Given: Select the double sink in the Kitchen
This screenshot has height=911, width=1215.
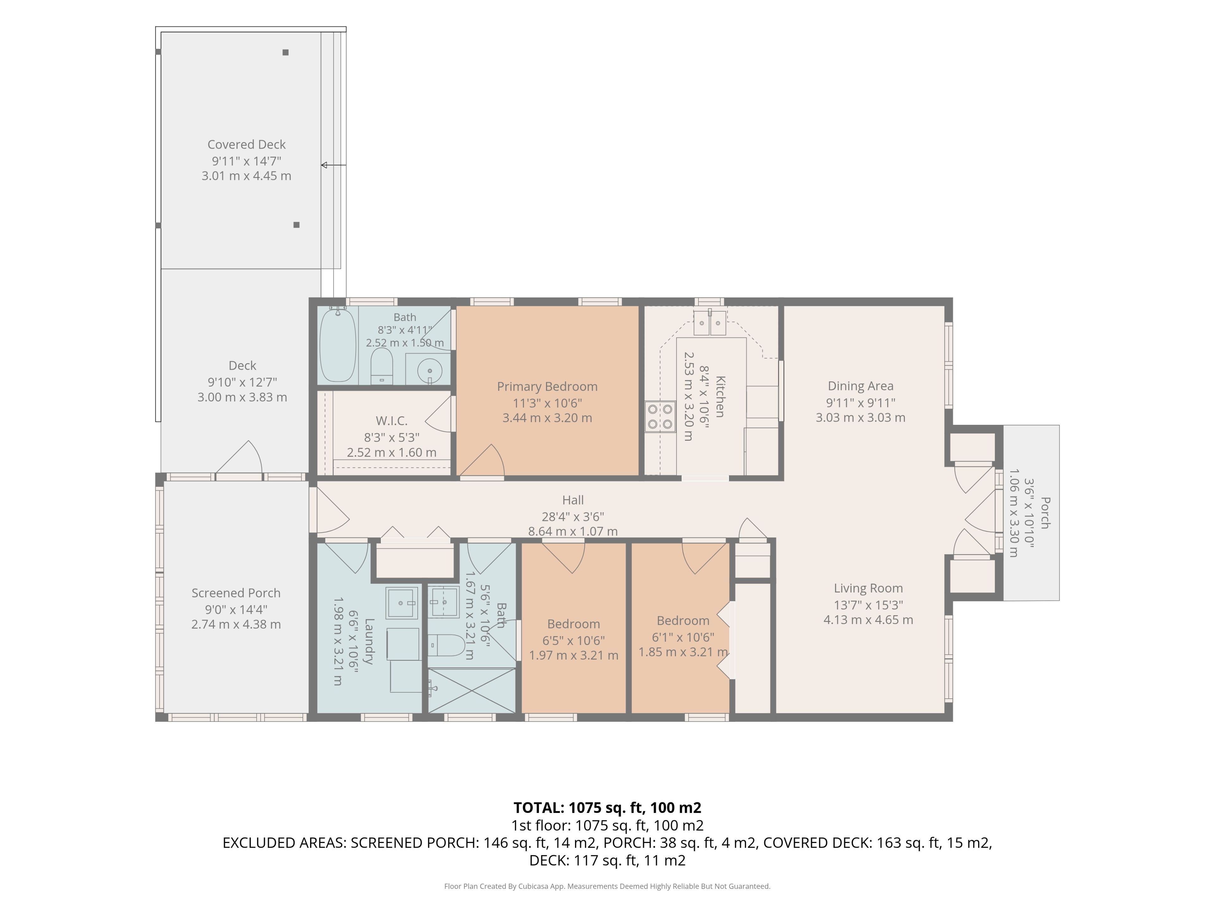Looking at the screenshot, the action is (710, 323).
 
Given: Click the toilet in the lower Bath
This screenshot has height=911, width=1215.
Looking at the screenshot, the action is (446, 645).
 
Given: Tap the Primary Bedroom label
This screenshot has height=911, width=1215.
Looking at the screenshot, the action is (547, 387).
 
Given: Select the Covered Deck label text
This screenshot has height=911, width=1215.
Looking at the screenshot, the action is (246, 145).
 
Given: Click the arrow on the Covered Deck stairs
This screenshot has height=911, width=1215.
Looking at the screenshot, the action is (333, 165).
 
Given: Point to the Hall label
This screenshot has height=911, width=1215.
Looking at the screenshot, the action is (573, 500).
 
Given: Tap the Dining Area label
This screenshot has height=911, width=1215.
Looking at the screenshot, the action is (861, 386).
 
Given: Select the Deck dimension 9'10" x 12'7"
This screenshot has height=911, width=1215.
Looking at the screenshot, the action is (242, 382).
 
